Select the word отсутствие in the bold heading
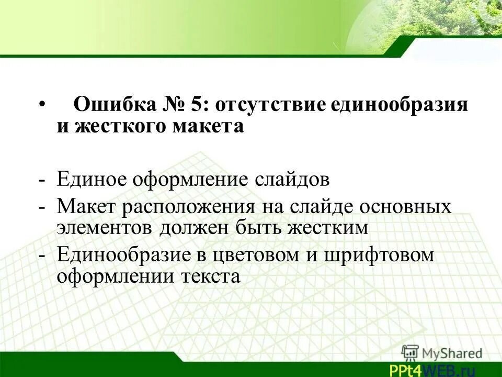pyautogui.click(x=270, y=104)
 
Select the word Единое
pyautogui.click(x=92, y=180)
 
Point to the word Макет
pyautogui.click(x=86, y=206)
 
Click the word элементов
pyautogui.click(x=105, y=228)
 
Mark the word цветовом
pyautogui.click(x=267, y=254)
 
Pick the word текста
pyautogui.click(x=210, y=276)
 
